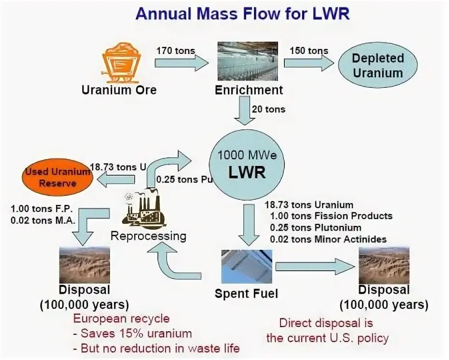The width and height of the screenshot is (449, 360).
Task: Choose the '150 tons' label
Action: point(309,51)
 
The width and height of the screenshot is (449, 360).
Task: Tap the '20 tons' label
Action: point(268,109)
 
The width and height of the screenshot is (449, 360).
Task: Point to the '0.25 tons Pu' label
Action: point(184,179)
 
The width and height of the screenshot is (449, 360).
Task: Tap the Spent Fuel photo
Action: point(246,266)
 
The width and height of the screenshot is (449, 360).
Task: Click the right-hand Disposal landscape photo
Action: point(384,265)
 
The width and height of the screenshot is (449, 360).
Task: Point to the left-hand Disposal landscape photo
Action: point(84,265)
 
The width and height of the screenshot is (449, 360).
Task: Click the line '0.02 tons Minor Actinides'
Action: point(328,238)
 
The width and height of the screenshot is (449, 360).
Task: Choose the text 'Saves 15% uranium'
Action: point(136,333)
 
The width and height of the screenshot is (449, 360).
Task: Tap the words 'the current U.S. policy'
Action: point(327,338)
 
